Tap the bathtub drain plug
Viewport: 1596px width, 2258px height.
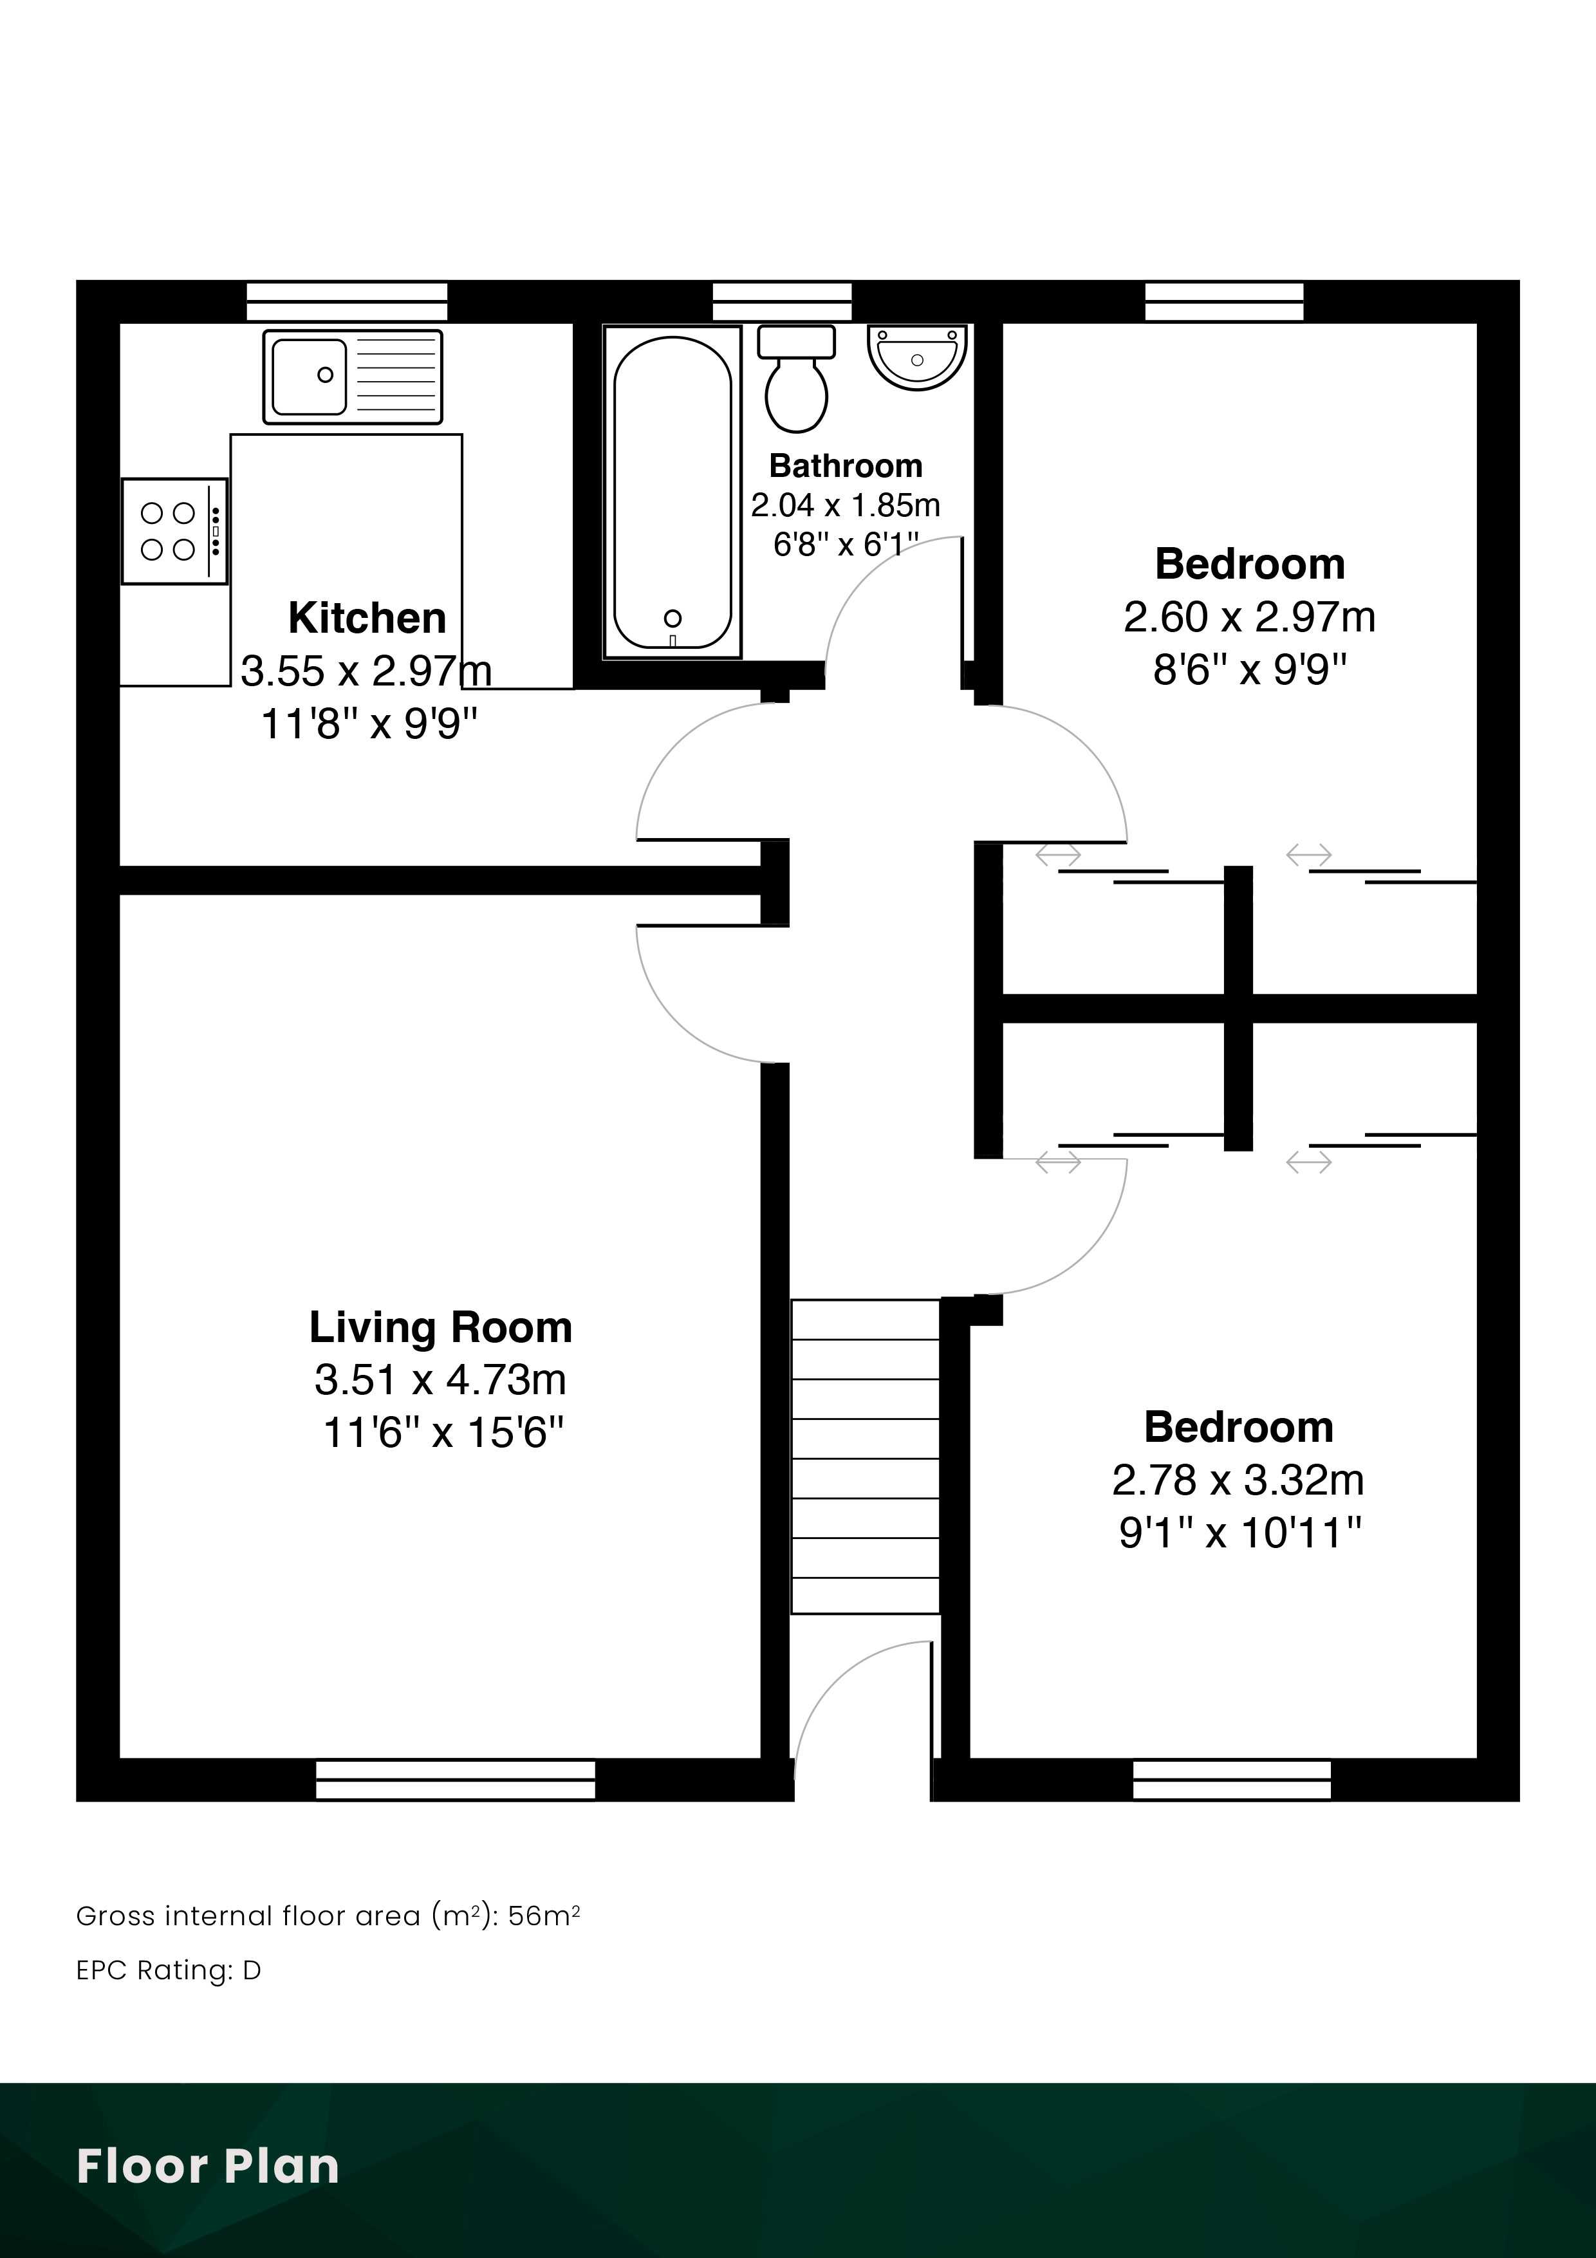(x=673, y=618)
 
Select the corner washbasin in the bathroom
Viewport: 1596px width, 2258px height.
(x=916, y=357)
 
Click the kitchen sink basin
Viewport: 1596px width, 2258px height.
(x=309, y=376)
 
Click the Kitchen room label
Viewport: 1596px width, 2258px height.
(x=367, y=618)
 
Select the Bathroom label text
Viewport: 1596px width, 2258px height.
(x=846, y=465)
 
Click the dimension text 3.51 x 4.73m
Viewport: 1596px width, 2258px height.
(x=441, y=1380)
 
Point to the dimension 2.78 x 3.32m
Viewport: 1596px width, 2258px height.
(x=1238, y=1480)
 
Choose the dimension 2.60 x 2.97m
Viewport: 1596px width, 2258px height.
(x=1250, y=617)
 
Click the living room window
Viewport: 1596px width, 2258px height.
(x=455, y=1779)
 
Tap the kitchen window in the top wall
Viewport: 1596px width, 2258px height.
(x=347, y=302)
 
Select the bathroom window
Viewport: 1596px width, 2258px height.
(x=782, y=302)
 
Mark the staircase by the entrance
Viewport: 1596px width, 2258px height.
(x=866, y=1457)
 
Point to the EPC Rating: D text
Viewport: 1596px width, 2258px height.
(x=168, y=1970)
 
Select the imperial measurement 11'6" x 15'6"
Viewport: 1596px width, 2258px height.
(x=443, y=1433)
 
